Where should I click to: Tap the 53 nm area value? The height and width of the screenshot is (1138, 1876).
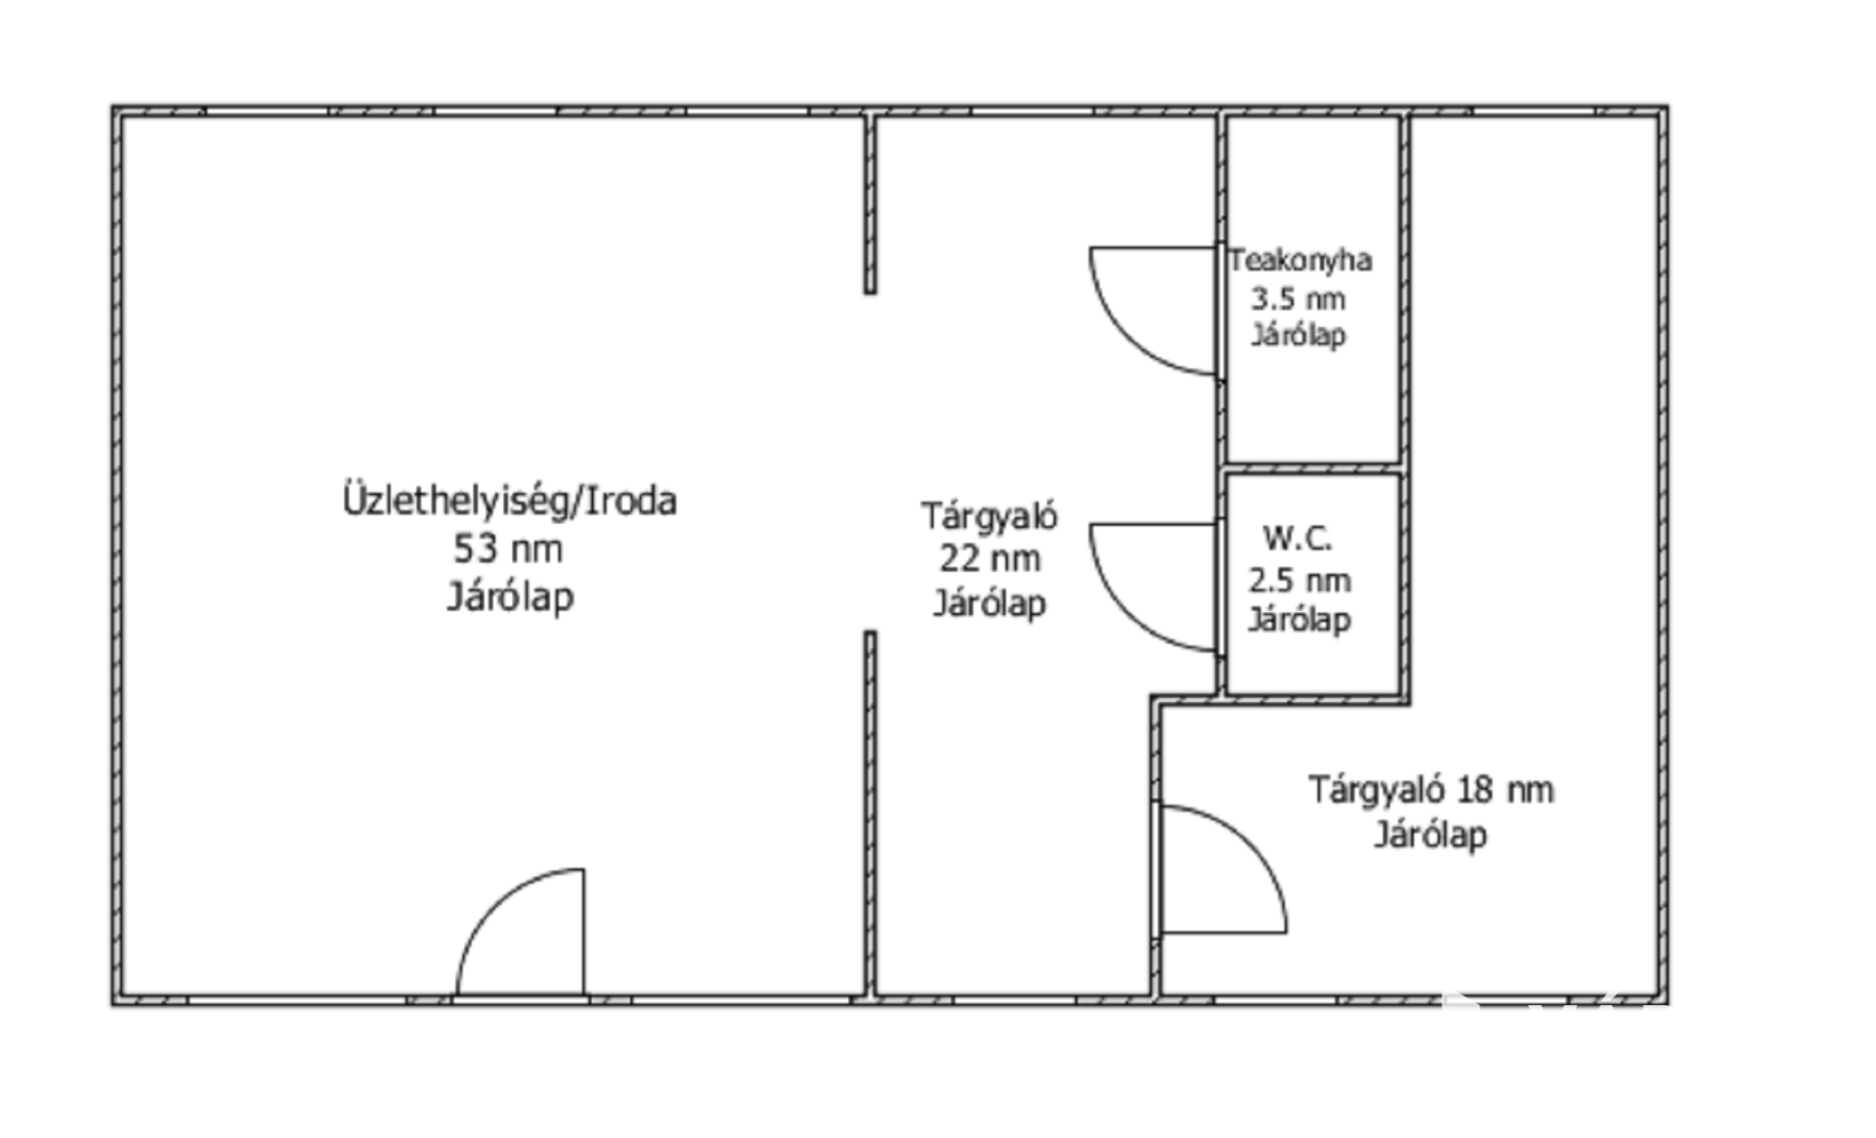pos(507,548)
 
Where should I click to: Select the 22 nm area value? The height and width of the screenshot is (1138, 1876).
pos(990,558)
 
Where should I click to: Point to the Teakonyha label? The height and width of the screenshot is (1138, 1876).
pos(1300,260)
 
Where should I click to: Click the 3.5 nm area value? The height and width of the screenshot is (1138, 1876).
pos(1299,298)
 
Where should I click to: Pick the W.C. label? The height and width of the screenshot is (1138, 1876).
pos(1298,537)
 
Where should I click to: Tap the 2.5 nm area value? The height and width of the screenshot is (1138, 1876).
pos(1300,580)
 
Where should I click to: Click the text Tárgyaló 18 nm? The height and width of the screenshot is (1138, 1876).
pos(1431,789)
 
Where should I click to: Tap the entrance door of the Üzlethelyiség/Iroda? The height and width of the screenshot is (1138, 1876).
pos(521,932)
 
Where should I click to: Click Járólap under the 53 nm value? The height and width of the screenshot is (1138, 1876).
pos(510,596)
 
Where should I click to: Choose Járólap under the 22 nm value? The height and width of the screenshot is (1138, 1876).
pos(990,602)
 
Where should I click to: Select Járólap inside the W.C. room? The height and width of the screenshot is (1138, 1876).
pos(1300,619)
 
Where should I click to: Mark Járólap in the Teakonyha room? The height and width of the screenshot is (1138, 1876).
pos(1299,334)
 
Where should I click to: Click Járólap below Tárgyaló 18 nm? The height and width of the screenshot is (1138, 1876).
pos(1431,834)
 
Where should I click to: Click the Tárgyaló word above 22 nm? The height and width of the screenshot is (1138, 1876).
pos(989,515)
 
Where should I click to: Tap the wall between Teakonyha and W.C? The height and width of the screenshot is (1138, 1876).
pos(1313,468)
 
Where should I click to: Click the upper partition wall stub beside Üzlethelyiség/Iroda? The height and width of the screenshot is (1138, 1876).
pos(870,203)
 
